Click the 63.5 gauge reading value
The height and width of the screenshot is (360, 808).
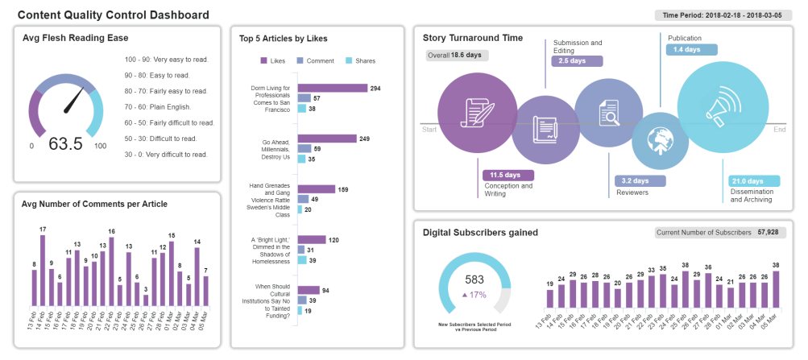point(66,144)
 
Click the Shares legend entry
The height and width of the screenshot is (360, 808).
point(360,60)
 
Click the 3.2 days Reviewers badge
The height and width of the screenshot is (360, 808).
point(640,181)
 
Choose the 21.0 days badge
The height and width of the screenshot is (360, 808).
point(753,180)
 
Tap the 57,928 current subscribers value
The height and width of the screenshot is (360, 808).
point(766,233)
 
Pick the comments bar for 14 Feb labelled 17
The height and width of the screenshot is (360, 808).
point(43,271)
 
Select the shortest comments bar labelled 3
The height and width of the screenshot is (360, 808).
point(146,300)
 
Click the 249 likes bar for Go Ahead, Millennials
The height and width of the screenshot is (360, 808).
point(327,139)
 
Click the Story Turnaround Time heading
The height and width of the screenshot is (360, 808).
point(473,38)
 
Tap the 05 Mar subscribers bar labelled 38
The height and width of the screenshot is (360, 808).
point(776,290)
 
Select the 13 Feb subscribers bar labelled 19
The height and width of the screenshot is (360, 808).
point(550,299)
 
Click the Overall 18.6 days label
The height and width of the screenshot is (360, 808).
point(456,56)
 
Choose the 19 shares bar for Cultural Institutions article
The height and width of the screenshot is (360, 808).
point(300,311)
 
